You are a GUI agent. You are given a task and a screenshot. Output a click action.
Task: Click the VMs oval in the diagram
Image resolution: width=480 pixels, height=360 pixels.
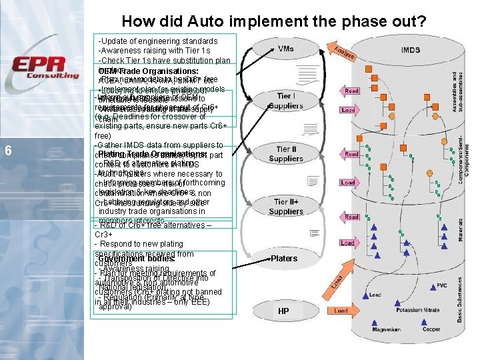pos(285,49)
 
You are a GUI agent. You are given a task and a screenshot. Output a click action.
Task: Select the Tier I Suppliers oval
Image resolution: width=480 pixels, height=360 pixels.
pos(285,101)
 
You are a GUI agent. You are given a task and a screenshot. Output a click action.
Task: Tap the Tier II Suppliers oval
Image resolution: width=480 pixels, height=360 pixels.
pos(285,154)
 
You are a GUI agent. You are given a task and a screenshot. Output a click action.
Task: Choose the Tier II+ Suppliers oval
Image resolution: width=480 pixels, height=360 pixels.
pos(285,206)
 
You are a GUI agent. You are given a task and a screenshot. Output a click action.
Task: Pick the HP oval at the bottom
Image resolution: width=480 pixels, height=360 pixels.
pos(283,311)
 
